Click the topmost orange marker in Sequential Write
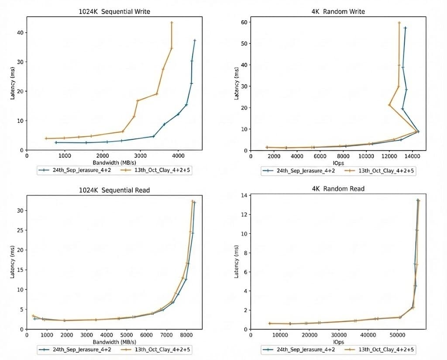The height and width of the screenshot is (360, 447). [x=172, y=23]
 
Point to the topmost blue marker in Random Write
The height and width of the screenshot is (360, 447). [x=405, y=28]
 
